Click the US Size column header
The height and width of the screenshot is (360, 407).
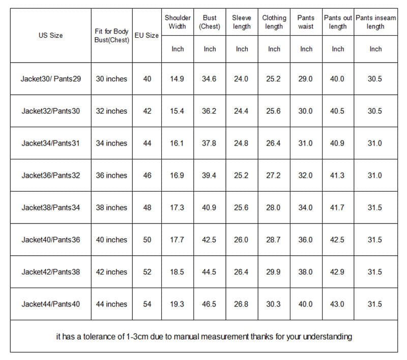coord(50,36)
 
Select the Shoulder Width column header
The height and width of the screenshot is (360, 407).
coord(177,22)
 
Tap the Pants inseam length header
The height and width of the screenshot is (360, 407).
coord(375,22)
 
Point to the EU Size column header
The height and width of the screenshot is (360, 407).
coord(147,36)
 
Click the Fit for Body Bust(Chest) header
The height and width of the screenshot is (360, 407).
coord(111,36)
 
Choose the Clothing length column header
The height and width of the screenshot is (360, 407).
coord(274,22)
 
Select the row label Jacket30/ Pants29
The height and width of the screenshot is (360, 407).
coord(50,79)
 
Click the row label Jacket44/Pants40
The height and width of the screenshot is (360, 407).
coord(50,304)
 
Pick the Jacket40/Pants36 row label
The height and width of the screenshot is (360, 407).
coord(50,240)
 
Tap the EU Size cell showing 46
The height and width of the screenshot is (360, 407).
coord(147,175)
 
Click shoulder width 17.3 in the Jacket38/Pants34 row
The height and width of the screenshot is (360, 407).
coord(177,208)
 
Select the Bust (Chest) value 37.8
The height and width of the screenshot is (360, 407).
coord(209,143)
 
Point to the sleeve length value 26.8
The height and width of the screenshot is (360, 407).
coord(241,304)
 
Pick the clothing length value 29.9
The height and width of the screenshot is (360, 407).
coord(274,272)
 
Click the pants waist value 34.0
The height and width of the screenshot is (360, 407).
coord(306,208)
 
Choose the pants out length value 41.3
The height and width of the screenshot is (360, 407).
coord(338,175)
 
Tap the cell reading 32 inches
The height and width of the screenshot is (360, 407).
coord(111,111)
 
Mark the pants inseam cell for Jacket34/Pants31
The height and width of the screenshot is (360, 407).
coord(375,143)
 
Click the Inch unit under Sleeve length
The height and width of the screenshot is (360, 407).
coord(242,49)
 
